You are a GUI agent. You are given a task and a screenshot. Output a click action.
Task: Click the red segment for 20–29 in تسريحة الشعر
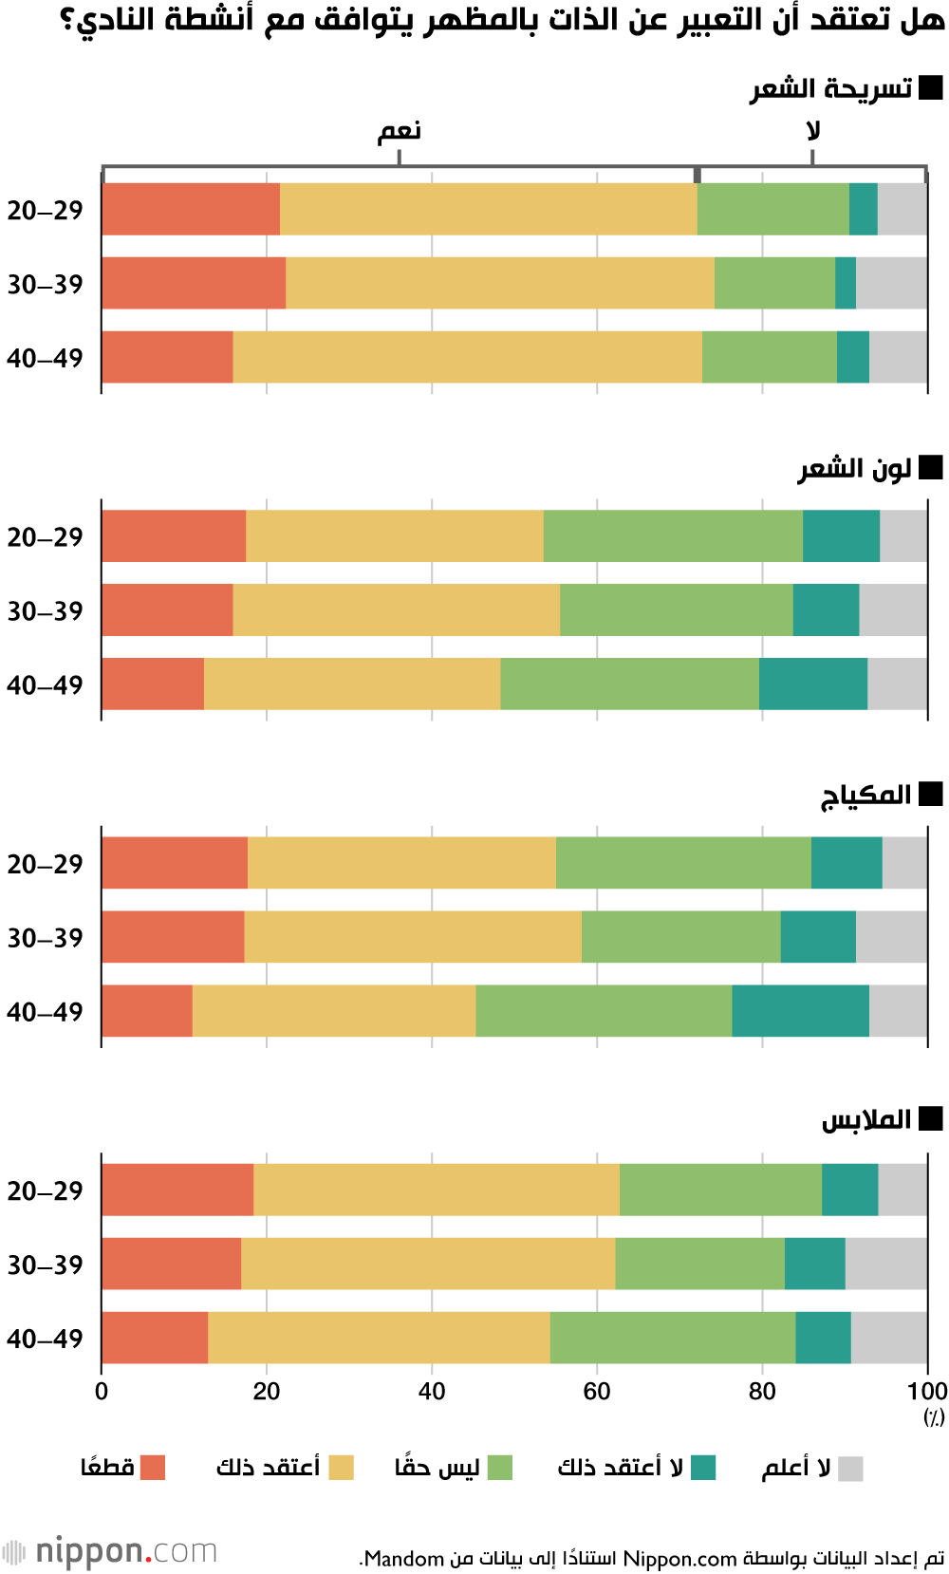pyautogui.click(x=191, y=209)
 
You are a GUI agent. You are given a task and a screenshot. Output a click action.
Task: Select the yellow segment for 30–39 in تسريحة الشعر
pyautogui.click(x=499, y=283)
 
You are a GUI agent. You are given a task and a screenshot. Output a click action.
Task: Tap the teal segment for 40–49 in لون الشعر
pyautogui.click(x=812, y=684)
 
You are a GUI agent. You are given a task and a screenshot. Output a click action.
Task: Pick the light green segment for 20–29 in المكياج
pyautogui.click(x=683, y=863)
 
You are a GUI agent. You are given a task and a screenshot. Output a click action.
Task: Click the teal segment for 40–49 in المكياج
pyautogui.click(x=800, y=1011)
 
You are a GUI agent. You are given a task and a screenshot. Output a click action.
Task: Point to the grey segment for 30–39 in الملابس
pyautogui.click(x=885, y=1264)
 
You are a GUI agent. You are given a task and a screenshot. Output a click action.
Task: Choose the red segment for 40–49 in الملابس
pyautogui.click(x=155, y=1338)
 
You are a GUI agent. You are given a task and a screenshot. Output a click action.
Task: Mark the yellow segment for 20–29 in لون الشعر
pyautogui.click(x=394, y=535)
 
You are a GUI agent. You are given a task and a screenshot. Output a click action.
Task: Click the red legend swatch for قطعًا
pyautogui.click(x=153, y=1468)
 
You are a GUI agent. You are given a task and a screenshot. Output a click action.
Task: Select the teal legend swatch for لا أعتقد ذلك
pyautogui.click(x=703, y=1468)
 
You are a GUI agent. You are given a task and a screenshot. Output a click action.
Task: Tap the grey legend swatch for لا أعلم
pyautogui.click(x=850, y=1468)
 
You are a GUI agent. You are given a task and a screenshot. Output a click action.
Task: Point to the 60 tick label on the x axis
pyautogui.click(x=597, y=1392)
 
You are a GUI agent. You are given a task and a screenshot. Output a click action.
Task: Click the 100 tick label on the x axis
pyautogui.click(x=926, y=1392)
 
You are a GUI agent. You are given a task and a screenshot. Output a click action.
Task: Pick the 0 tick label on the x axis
pyautogui.click(x=102, y=1392)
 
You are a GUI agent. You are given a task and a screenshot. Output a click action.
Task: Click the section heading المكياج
pyautogui.click(x=865, y=795)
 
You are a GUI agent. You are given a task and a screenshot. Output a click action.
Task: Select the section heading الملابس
pyautogui.click(x=865, y=1120)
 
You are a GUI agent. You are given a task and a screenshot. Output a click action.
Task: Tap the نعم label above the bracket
pyautogui.click(x=400, y=131)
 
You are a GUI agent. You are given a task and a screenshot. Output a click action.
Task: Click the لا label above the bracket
pyautogui.click(x=812, y=131)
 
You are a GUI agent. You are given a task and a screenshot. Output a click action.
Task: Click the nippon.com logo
pyautogui.click(x=111, y=1551)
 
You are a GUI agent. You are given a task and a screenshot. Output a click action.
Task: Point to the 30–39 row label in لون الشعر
pyautogui.click(x=46, y=610)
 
